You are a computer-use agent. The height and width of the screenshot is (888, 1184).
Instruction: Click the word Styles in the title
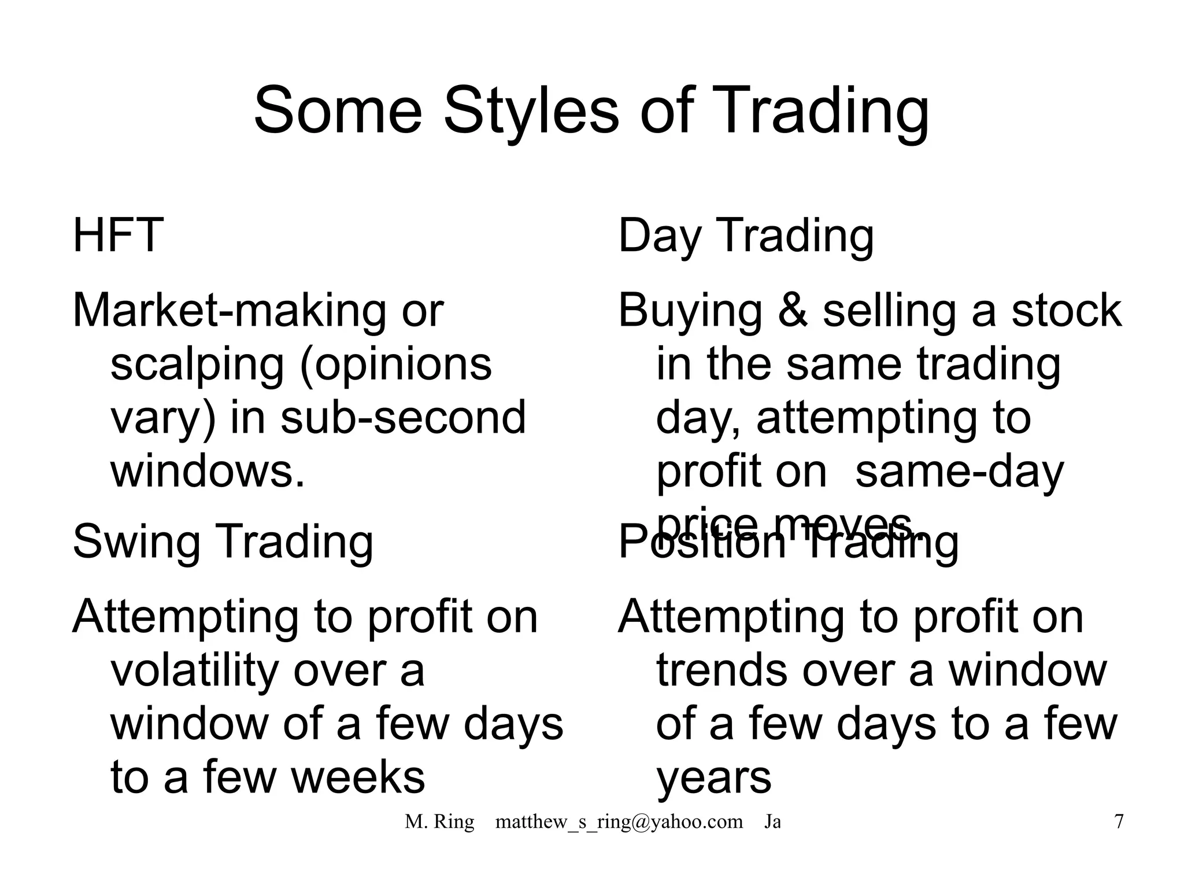pyautogui.click(x=531, y=110)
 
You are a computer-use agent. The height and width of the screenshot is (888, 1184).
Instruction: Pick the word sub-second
pyautogui.click(x=403, y=418)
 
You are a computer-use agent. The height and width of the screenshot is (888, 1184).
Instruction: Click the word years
pyautogui.click(x=714, y=779)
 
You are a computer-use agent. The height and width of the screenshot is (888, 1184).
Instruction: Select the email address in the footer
pyautogui.click(x=619, y=821)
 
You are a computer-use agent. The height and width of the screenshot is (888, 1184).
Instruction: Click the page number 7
pyautogui.click(x=1119, y=821)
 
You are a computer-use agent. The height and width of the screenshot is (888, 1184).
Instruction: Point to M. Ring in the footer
pyautogui.click(x=439, y=821)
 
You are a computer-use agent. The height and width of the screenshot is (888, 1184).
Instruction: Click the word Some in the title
pyautogui.click(x=338, y=110)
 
